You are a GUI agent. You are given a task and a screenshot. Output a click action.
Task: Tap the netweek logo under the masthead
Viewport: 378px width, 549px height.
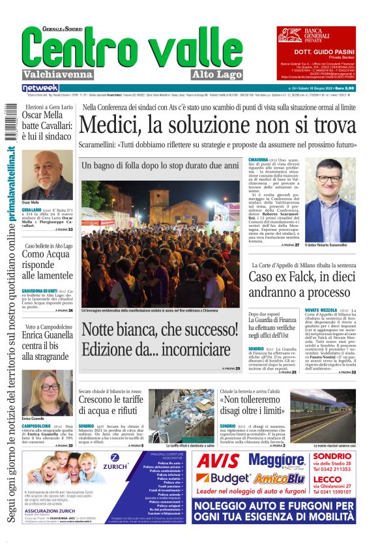tap(40, 87)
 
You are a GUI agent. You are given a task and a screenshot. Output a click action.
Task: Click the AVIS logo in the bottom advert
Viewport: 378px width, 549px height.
tap(218, 462)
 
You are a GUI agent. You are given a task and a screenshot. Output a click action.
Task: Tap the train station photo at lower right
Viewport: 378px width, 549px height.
tap(323, 415)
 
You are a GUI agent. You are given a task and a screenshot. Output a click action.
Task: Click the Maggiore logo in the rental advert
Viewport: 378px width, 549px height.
tap(273, 460)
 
